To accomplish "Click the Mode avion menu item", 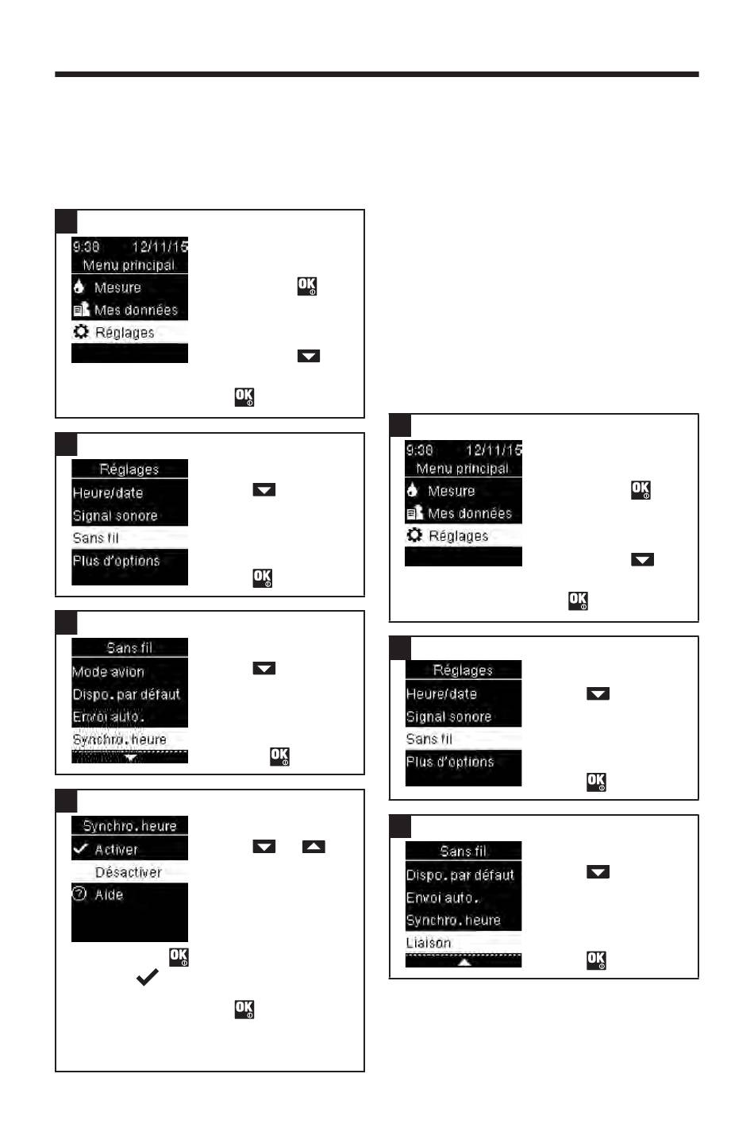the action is [x=108, y=671].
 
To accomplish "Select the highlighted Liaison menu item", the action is [x=429, y=943].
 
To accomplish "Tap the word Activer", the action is [x=116, y=849].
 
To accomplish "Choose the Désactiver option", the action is [x=129, y=872].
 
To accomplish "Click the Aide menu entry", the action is [x=109, y=894].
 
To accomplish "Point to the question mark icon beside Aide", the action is [x=79, y=894].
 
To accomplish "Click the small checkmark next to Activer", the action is [x=81, y=848].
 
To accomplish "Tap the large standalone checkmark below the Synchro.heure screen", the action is [x=148, y=977].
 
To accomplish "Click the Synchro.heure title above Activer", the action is [x=129, y=826].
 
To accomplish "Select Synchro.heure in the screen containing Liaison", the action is [x=453, y=920].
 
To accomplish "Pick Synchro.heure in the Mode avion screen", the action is [x=119, y=740].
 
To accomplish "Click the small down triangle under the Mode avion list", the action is [x=131, y=757].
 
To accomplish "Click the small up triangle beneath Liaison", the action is [x=464, y=962].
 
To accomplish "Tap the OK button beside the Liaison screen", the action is [x=596, y=960].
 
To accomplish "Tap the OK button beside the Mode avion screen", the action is [x=279, y=756].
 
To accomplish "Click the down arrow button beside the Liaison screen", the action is [x=598, y=871].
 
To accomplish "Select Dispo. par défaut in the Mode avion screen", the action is [x=126, y=693].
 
